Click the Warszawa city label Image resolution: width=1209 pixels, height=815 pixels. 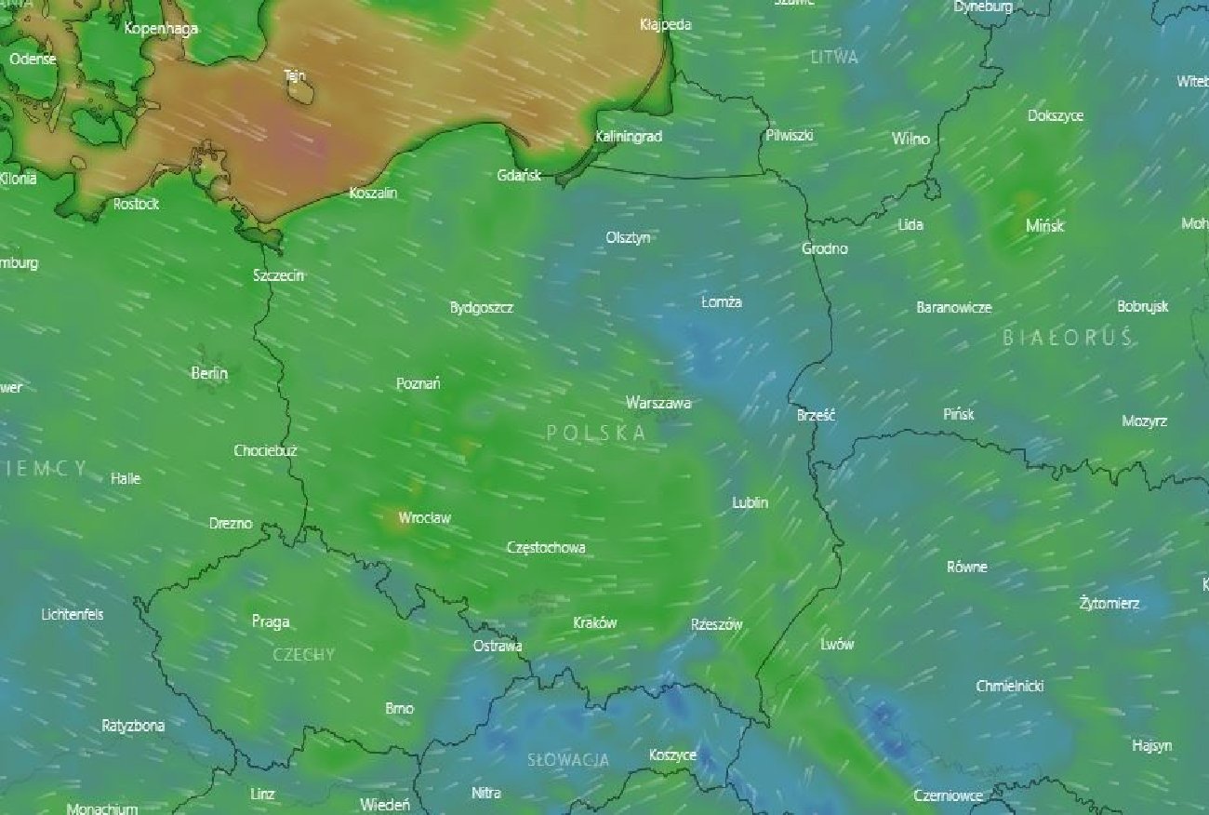click(658, 403)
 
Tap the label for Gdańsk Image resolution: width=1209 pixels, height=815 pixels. click(519, 175)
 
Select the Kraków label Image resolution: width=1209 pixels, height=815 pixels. click(595, 622)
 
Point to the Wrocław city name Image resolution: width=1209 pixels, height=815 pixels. click(424, 517)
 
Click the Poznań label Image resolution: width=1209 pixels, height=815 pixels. click(418, 383)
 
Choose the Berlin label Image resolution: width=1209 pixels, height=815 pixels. click(209, 373)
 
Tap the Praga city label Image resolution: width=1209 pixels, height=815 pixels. click(271, 621)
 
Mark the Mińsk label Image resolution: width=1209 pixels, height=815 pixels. click(1044, 225)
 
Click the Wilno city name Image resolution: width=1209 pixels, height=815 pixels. click(910, 139)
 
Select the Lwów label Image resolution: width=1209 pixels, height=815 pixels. click(838, 644)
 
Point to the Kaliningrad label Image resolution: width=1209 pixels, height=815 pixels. click(629, 137)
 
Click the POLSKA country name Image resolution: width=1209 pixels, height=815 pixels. click(596, 433)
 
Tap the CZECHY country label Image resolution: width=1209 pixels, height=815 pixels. click(304, 655)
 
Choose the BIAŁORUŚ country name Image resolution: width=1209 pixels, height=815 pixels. click(1069, 338)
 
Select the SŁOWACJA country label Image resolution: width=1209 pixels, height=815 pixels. click(568, 760)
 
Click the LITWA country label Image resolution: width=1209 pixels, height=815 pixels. click(834, 57)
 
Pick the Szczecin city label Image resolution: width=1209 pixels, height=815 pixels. click(278, 275)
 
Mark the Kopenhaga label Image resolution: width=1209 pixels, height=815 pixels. click(162, 28)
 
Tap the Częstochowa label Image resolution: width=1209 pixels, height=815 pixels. click(546, 547)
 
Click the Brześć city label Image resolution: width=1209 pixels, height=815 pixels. click(817, 416)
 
